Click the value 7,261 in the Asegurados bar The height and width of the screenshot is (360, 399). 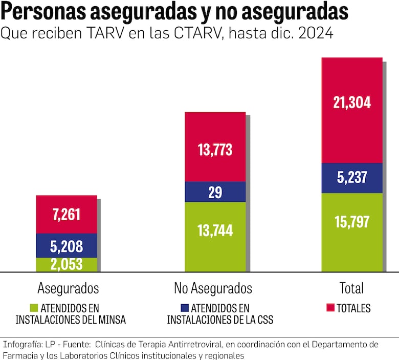66,215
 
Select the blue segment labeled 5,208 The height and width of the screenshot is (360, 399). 66,246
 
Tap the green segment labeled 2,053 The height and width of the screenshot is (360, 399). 66,264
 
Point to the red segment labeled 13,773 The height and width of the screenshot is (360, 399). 215,149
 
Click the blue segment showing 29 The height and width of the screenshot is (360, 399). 215,192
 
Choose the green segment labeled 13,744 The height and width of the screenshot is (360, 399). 215,231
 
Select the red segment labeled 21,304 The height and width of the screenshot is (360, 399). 352,102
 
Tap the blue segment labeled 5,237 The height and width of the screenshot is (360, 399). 352,178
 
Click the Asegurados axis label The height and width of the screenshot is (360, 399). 68,288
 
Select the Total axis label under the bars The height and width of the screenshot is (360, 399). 351,288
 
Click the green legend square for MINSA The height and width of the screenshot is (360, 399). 34,308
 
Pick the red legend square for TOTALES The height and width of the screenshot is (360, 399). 330,308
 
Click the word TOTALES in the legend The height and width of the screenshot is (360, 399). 353,308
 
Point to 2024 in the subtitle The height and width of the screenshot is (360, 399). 315,34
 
